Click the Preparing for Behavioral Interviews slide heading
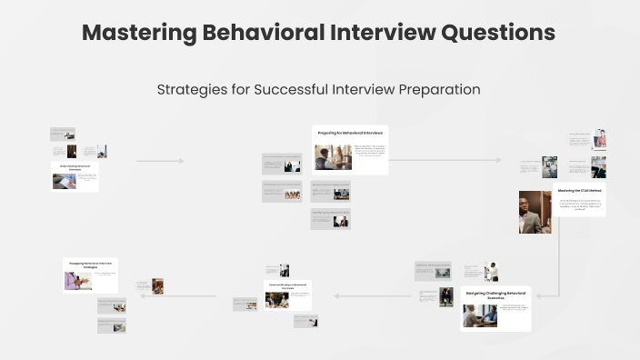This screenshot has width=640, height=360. (x=350, y=134)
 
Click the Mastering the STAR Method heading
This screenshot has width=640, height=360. (x=579, y=191)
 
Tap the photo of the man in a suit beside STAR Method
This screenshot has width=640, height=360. (x=535, y=212)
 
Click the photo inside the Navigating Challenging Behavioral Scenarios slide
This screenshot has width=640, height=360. (x=479, y=315)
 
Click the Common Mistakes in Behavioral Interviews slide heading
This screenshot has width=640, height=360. (x=288, y=285)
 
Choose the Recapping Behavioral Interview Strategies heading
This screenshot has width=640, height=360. (x=90, y=265)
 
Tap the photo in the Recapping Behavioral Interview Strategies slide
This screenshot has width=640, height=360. (x=77, y=280)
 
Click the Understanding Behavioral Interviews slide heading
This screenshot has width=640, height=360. (x=75, y=168)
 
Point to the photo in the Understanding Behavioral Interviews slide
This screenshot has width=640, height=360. (x=65, y=181)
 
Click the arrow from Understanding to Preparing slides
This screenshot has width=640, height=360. (x=160, y=161)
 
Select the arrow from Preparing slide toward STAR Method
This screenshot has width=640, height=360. (x=445, y=160)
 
